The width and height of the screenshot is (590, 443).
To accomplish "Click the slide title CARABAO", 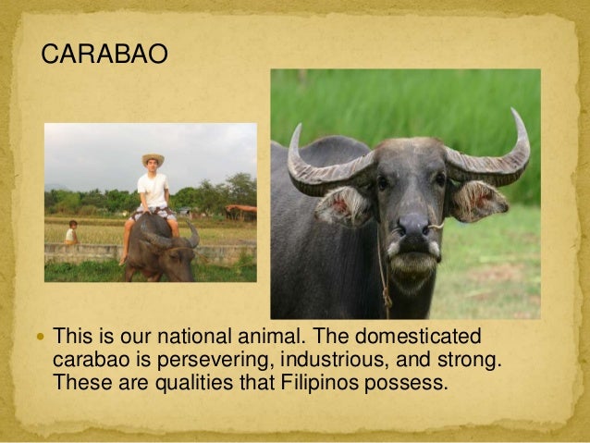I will (x=104, y=55).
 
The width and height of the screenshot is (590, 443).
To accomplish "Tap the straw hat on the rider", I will (x=153, y=159).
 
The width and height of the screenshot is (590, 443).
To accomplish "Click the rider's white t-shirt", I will (x=153, y=190).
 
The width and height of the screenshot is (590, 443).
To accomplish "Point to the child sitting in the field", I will (x=71, y=233).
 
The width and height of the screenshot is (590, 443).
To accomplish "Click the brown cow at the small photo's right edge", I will (x=241, y=211).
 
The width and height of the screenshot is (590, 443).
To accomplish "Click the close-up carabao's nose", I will (x=413, y=228).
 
